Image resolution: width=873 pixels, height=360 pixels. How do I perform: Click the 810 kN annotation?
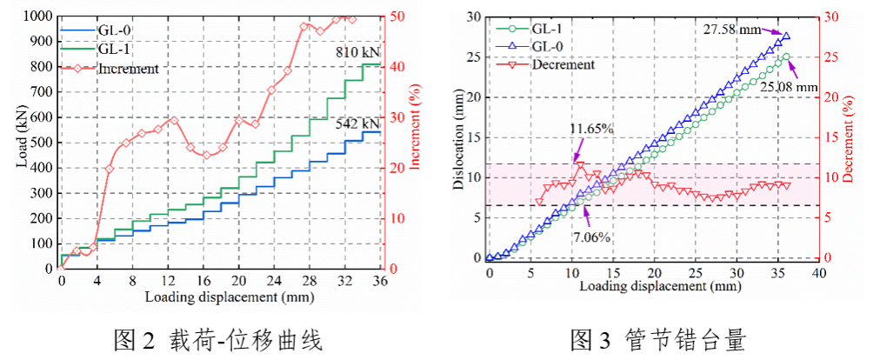point(358,54)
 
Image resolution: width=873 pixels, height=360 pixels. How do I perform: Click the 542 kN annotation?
point(358,124)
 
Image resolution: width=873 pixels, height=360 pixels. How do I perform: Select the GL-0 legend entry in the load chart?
point(116,30)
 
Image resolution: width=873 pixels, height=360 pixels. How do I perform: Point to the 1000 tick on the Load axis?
point(37,16)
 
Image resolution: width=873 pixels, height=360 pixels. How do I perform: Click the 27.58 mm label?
point(732,30)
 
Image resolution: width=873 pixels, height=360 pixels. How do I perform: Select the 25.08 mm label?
point(789,87)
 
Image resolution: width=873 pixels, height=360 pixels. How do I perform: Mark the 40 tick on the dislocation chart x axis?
point(817,273)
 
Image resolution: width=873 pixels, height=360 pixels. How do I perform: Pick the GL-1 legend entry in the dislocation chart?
point(555,29)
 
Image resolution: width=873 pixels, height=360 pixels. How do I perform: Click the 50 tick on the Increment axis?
point(396,16)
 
